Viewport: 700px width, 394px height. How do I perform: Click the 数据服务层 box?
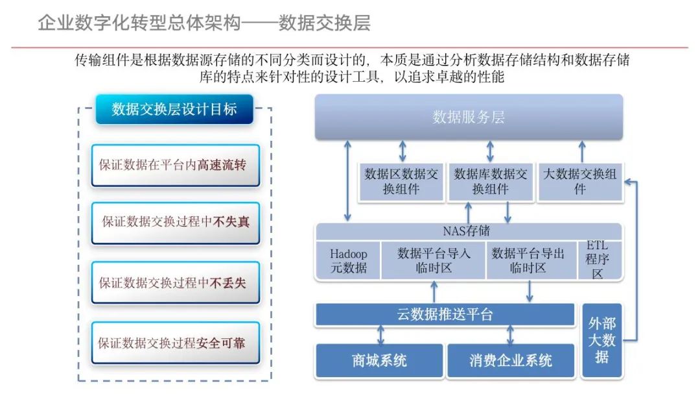tap(469, 117)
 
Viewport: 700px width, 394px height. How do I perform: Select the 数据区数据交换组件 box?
tap(401, 181)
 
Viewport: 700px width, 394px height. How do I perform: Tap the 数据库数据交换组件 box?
tap(490, 181)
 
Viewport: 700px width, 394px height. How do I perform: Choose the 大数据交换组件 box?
tap(579, 181)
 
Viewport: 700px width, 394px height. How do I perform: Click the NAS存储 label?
tap(466, 230)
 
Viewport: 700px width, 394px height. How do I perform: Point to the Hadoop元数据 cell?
tap(348, 260)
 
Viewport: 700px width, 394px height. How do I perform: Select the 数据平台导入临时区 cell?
tap(433, 260)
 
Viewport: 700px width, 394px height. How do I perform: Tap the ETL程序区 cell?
tap(598, 260)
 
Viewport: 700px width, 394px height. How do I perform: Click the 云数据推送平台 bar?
tap(445, 315)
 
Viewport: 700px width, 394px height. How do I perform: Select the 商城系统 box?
tap(379, 360)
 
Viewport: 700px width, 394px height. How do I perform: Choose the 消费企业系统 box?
tap(511, 360)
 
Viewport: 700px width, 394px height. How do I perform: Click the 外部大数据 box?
tap(601, 340)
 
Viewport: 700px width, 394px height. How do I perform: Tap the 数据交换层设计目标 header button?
tap(174, 109)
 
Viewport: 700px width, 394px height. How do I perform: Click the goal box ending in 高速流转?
tap(175, 165)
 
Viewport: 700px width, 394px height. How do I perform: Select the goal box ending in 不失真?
tap(175, 222)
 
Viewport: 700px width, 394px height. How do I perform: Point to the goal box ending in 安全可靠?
tap(175, 343)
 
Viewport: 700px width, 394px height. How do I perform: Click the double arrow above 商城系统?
tap(380, 334)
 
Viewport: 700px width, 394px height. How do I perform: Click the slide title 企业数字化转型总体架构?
tap(139, 23)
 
